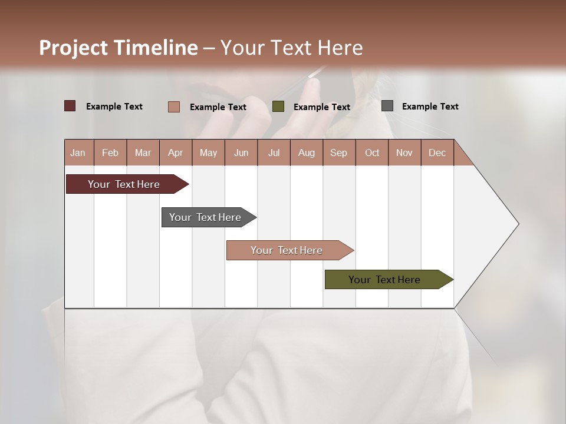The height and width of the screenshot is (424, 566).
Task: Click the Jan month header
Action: click(78, 153)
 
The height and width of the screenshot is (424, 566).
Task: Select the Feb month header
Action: click(110, 153)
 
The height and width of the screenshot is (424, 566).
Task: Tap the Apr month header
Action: click(176, 153)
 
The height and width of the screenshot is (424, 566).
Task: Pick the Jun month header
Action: click(241, 153)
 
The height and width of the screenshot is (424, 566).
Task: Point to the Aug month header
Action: click(307, 153)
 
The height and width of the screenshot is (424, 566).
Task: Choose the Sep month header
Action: click(339, 153)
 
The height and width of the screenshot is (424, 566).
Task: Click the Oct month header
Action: click(372, 153)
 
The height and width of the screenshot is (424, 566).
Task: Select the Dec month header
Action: click(437, 153)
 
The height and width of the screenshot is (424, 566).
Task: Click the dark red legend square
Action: click(70, 106)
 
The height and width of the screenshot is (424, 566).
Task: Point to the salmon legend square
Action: click(173, 107)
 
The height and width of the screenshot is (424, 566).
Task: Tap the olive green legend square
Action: click(278, 107)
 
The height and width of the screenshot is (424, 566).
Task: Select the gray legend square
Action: click(387, 106)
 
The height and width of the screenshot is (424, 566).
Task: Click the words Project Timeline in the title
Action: click(119, 48)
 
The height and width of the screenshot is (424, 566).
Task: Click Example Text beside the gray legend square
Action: click(430, 107)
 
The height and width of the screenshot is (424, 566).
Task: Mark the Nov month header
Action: click(404, 153)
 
